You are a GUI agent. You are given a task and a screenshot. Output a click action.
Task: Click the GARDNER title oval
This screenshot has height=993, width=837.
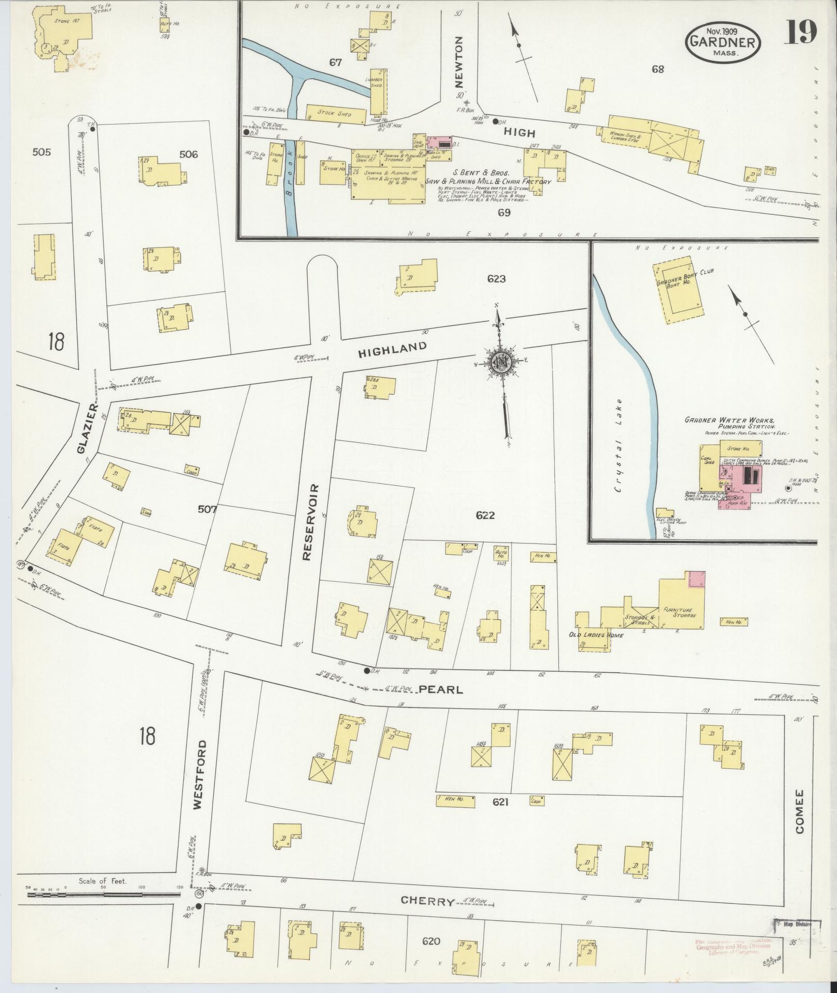[723, 40]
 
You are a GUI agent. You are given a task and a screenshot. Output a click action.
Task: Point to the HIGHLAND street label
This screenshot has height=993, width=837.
[393, 350]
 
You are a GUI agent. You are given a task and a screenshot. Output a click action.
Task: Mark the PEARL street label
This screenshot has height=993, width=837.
[440, 690]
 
